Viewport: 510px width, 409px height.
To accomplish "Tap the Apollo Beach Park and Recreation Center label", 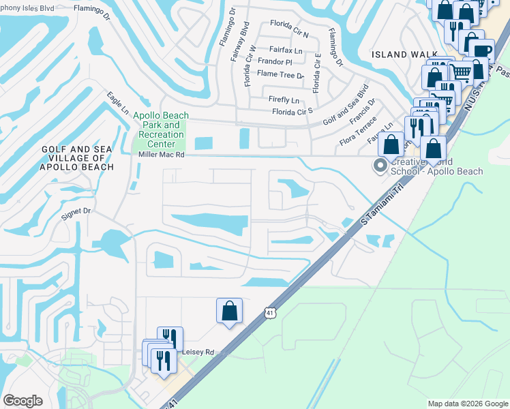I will [159, 130].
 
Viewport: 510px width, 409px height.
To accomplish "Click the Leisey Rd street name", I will [198, 352].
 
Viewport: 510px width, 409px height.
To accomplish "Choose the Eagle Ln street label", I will [117, 104].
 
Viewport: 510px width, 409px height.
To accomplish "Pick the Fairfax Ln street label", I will [286, 50].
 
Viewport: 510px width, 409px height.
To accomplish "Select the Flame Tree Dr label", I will [280, 74].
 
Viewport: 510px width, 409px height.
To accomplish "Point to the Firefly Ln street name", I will [284, 100].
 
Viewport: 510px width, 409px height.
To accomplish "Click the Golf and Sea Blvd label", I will [346, 104].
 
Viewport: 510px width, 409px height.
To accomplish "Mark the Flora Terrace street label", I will [358, 132].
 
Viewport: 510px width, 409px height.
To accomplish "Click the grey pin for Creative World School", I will [378, 165].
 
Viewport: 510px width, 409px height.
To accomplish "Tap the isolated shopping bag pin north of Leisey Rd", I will [230, 310].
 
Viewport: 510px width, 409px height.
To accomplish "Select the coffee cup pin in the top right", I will [481, 52].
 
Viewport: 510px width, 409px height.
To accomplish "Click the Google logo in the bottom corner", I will [23, 401].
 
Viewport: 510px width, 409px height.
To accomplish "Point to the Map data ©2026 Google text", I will [467, 404].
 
